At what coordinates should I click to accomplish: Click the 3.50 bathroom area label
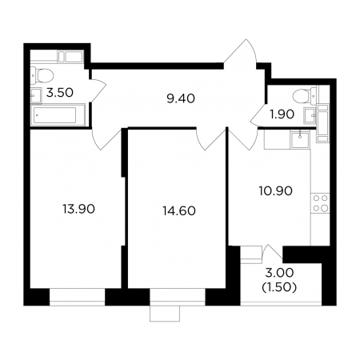pyautogui.click(x=60, y=93)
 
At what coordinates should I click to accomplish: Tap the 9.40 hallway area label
pyautogui.click(x=181, y=98)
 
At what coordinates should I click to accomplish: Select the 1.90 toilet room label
pyautogui.click(x=282, y=114)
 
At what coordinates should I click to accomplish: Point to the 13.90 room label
pyautogui.click(x=78, y=209)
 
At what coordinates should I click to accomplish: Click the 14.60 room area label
pyautogui.click(x=179, y=211)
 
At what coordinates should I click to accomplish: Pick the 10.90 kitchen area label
pyautogui.click(x=276, y=191)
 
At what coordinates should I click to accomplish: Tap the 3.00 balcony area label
pyautogui.click(x=279, y=273)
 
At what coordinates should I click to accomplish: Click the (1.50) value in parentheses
pyautogui.click(x=279, y=287)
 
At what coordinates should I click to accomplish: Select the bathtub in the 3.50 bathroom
pyautogui.click(x=58, y=115)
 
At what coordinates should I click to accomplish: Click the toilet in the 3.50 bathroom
pyautogui.click(x=42, y=75)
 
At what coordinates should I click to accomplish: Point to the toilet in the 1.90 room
pyautogui.click(x=305, y=96)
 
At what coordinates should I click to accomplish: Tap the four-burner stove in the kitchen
pyautogui.click(x=320, y=203)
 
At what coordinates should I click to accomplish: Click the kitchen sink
pyautogui.click(x=300, y=139)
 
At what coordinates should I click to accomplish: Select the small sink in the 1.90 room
pyautogui.click(x=310, y=115)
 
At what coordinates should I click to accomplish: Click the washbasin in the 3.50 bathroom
pyautogui.click(x=36, y=96)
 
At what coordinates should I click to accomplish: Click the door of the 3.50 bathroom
pyautogui.click(x=98, y=90)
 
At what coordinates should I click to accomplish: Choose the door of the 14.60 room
pyautogui.click(x=210, y=138)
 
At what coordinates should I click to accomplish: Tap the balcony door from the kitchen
pyautogui.click(x=273, y=252)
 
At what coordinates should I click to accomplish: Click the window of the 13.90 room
pyautogui.click(x=78, y=297)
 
